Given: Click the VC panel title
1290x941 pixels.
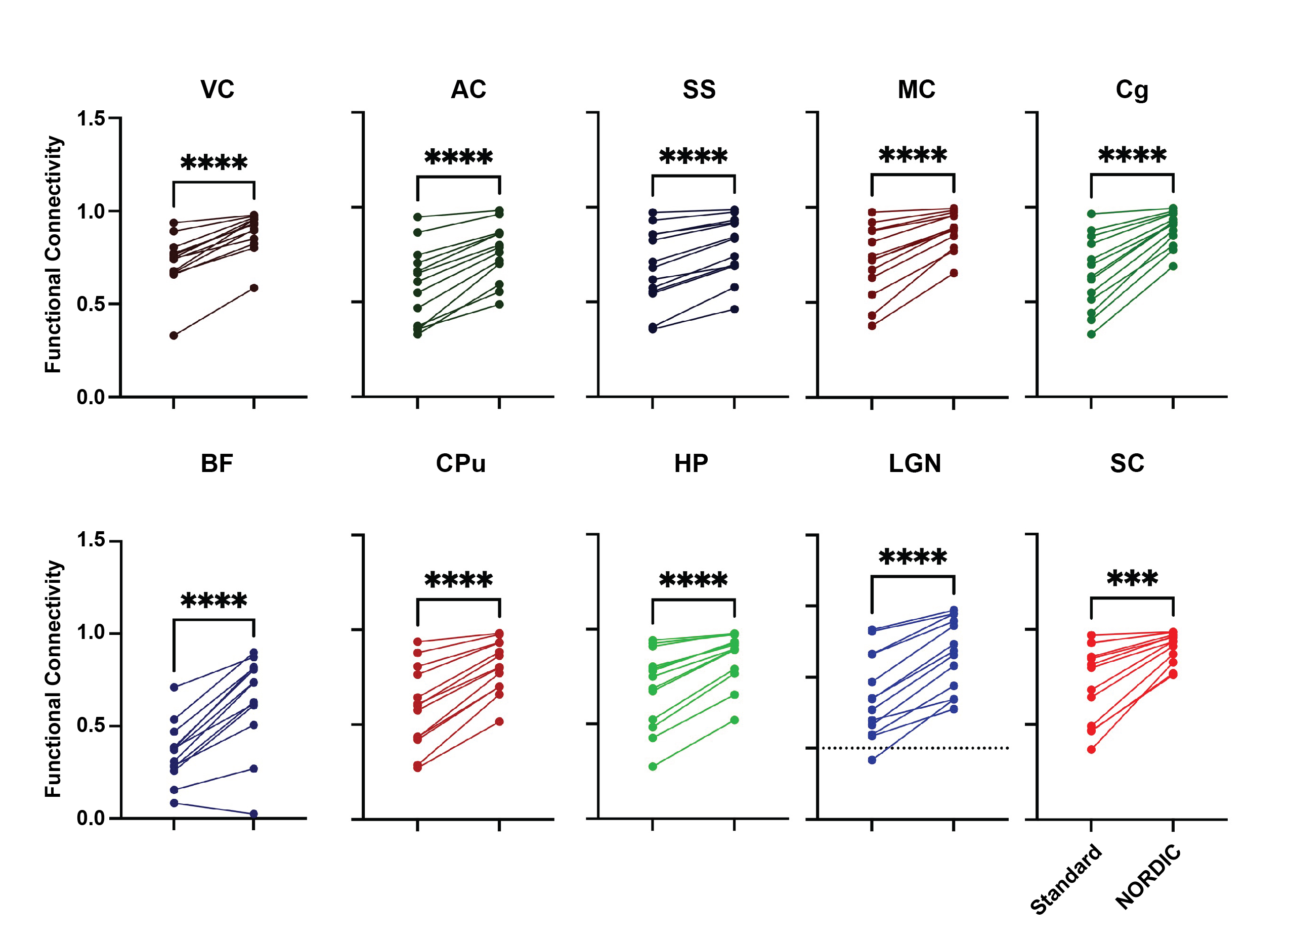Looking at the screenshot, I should [x=217, y=90].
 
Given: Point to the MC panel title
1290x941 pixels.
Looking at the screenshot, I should [x=916, y=90].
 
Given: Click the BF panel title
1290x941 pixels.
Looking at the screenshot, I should [x=217, y=463].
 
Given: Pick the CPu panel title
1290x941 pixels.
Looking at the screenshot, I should [x=461, y=463].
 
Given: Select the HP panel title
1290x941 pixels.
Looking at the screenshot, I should [x=691, y=463].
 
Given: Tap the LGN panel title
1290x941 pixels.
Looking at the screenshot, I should [x=915, y=463].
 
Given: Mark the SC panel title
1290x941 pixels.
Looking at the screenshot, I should [x=1127, y=463].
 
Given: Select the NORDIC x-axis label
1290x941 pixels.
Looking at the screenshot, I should [x=1148, y=877].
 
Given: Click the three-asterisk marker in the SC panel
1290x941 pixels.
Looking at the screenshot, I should [x=1132, y=579].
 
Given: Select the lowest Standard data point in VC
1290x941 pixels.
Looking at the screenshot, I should [x=174, y=335].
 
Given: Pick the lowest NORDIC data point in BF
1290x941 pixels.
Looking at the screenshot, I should [x=253, y=814].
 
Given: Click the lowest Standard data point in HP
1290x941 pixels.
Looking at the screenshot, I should [x=653, y=766].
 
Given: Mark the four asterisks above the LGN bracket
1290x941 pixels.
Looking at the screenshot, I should [x=913, y=557].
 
